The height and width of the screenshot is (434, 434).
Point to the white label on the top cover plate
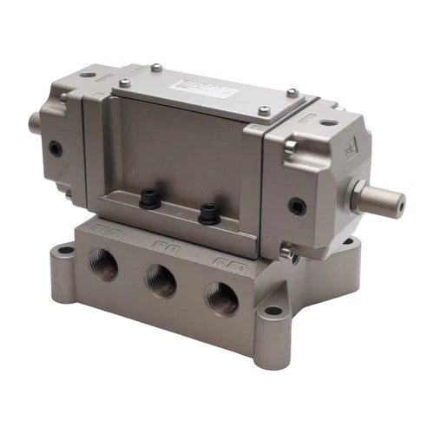point(200,88)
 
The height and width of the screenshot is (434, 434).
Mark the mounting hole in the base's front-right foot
point(274,309)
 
